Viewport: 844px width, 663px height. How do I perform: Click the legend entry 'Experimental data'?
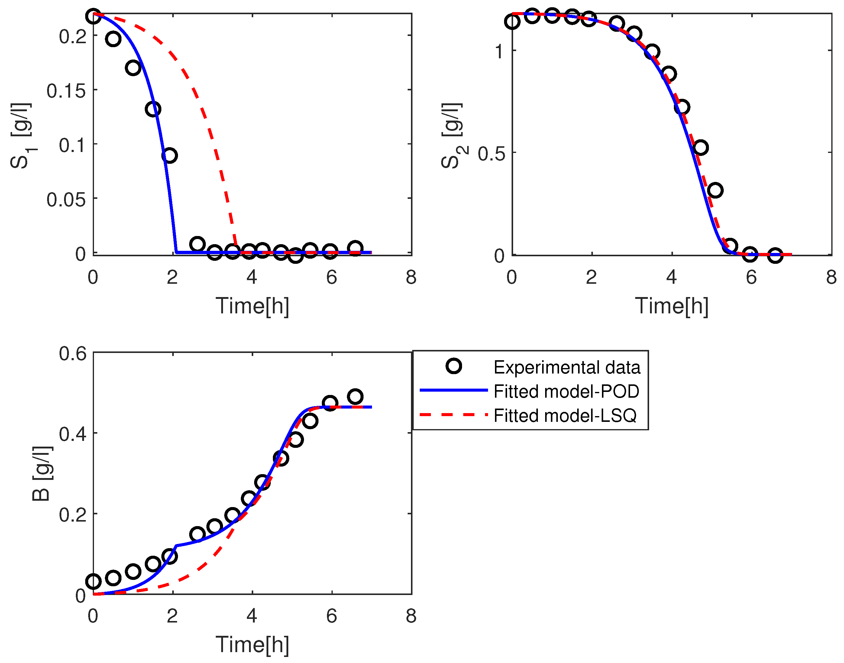[567, 367]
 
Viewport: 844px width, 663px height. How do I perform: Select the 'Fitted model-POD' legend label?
[566, 391]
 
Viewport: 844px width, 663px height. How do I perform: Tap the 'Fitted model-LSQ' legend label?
[565, 415]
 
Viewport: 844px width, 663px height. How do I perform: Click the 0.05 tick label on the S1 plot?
[66, 199]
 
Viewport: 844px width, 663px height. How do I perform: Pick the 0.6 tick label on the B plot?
[73, 353]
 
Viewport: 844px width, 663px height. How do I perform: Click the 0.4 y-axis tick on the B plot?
[73, 434]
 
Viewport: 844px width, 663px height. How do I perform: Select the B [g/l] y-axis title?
[42, 474]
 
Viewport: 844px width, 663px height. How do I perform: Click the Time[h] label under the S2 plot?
[672, 306]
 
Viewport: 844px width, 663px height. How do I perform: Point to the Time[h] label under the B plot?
[252, 645]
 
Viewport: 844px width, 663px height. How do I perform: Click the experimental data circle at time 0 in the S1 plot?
[93, 16]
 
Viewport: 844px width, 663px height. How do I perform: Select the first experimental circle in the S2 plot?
[513, 21]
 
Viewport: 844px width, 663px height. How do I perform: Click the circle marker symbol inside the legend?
[454, 366]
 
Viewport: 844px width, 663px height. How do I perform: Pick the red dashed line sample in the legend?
[454, 415]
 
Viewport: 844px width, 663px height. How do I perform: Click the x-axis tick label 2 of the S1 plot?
[172, 277]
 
